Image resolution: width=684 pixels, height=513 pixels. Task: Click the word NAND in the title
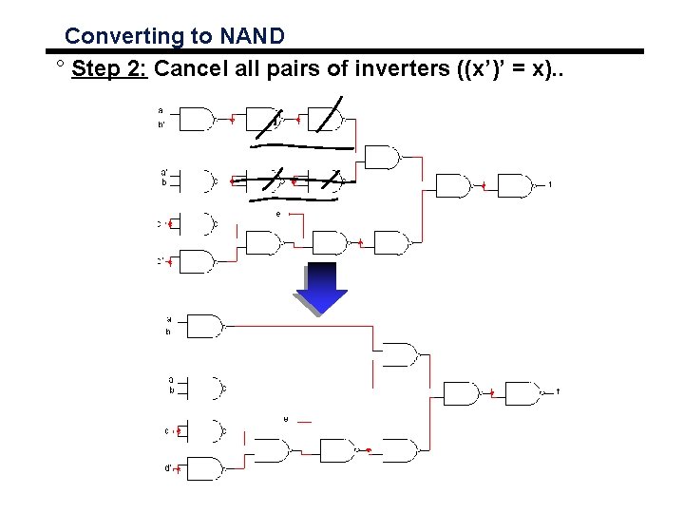tap(251, 36)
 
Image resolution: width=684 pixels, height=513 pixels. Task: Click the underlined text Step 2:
tap(108, 68)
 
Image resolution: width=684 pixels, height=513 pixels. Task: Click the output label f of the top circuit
tap(550, 184)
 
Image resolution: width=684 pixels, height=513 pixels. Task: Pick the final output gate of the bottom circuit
tap(522, 392)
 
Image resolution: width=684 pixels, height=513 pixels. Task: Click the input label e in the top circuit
tap(278, 215)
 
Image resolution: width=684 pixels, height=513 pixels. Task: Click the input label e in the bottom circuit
tap(286, 419)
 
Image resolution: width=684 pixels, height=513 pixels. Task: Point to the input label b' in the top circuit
tap(161, 124)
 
